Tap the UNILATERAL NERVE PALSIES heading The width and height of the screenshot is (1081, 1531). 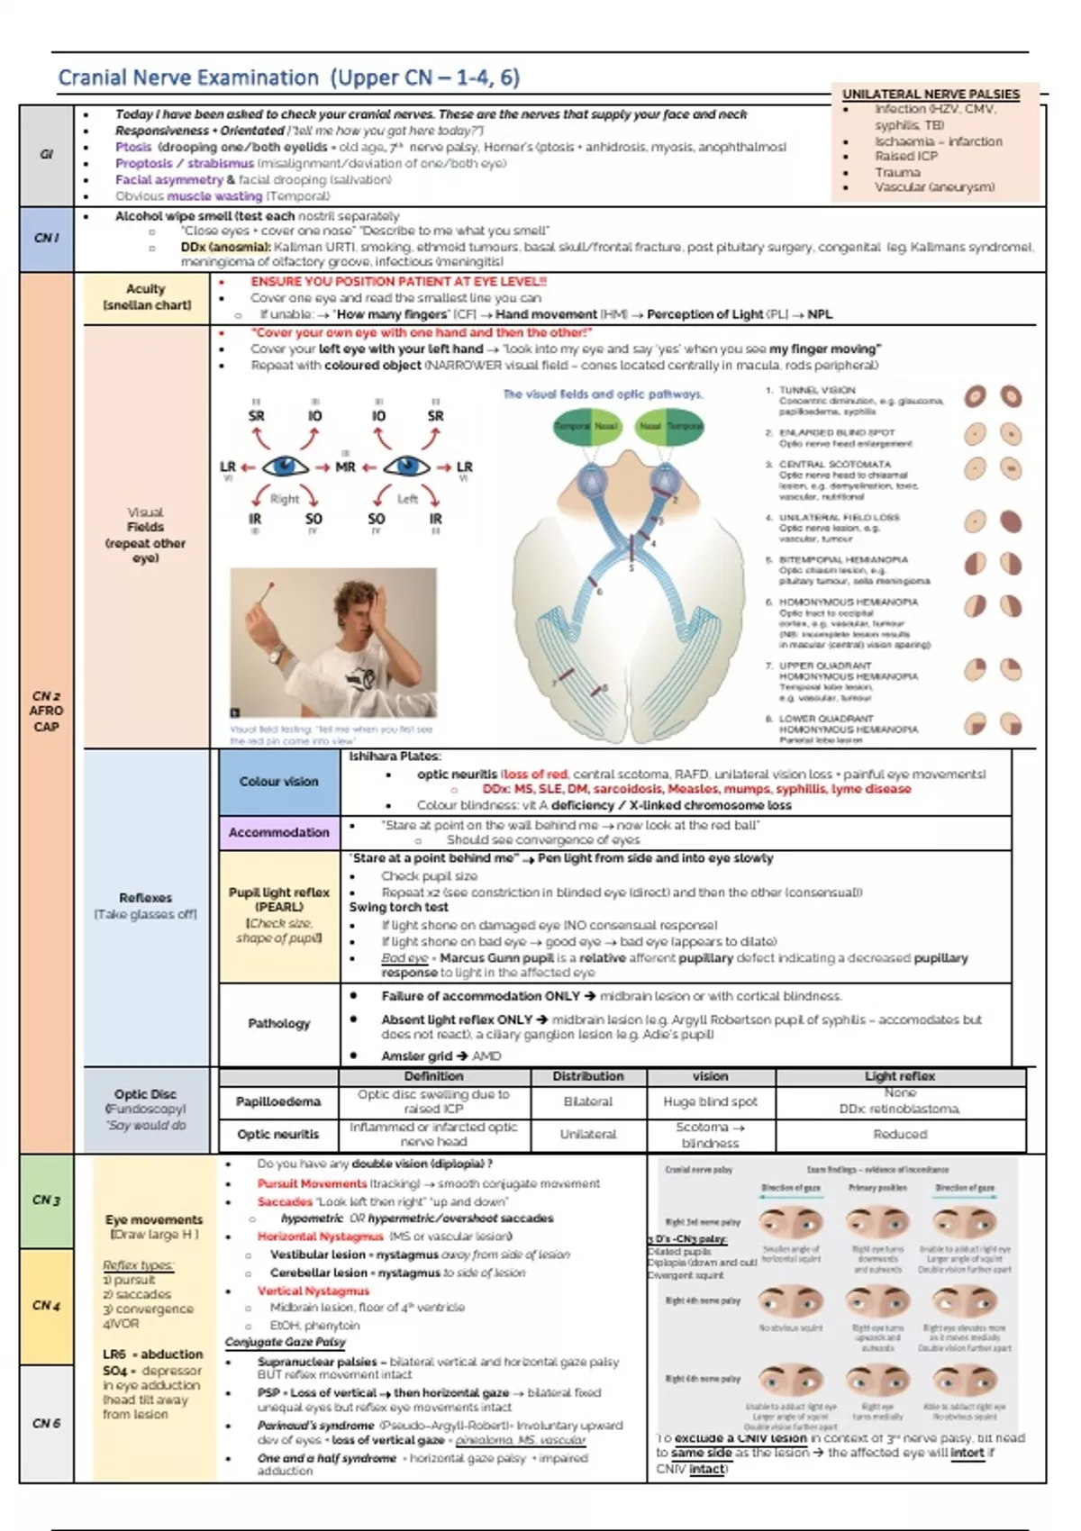point(931,94)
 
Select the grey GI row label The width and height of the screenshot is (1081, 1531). point(46,154)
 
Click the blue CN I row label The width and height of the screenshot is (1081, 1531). point(46,238)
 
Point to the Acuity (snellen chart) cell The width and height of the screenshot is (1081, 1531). point(146,296)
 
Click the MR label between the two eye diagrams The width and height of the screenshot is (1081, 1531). point(345,467)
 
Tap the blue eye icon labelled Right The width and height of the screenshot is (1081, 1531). point(285,467)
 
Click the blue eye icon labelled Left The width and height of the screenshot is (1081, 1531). point(406,467)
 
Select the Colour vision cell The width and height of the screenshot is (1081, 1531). point(279,782)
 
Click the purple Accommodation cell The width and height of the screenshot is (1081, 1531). point(279,832)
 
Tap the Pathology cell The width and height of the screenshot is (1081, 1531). point(279,1023)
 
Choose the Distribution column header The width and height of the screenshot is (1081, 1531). point(588,1076)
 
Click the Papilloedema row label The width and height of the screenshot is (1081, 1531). point(278,1101)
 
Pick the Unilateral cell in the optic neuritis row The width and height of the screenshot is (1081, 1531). point(588,1135)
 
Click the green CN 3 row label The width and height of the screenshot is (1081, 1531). point(46,1200)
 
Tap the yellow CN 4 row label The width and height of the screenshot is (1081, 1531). point(46,1305)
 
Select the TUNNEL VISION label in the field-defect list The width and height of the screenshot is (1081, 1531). point(817,391)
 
